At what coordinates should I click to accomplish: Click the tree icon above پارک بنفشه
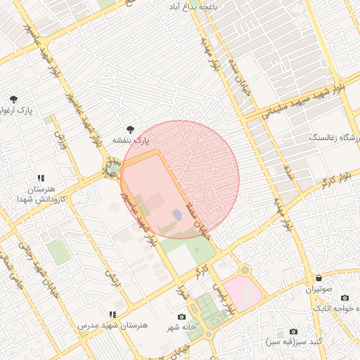tap(130, 129)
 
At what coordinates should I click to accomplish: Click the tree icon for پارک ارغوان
tap(13, 98)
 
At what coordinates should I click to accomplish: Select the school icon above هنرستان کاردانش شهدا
tap(41, 178)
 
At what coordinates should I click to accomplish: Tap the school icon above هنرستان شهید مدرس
tap(112, 314)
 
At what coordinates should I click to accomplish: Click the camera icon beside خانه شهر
tap(183, 317)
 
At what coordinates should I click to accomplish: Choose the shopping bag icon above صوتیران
tap(319, 278)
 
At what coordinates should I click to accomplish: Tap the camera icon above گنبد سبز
tap(293, 331)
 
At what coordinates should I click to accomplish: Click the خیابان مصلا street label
tap(200, 218)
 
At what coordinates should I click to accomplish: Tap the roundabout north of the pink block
tap(244, 270)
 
